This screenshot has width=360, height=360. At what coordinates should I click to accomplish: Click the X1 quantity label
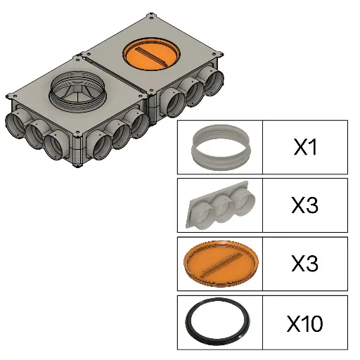click(x=305, y=147)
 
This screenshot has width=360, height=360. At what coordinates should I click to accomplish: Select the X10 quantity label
click(x=305, y=323)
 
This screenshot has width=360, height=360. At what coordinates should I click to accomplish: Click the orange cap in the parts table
click(x=221, y=264)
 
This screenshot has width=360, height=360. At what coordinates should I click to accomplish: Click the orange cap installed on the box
click(x=151, y=53)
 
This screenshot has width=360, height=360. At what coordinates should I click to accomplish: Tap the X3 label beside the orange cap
click(x=305, y=264)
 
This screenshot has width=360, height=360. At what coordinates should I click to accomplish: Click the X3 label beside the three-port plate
click(x=305, y=205)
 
